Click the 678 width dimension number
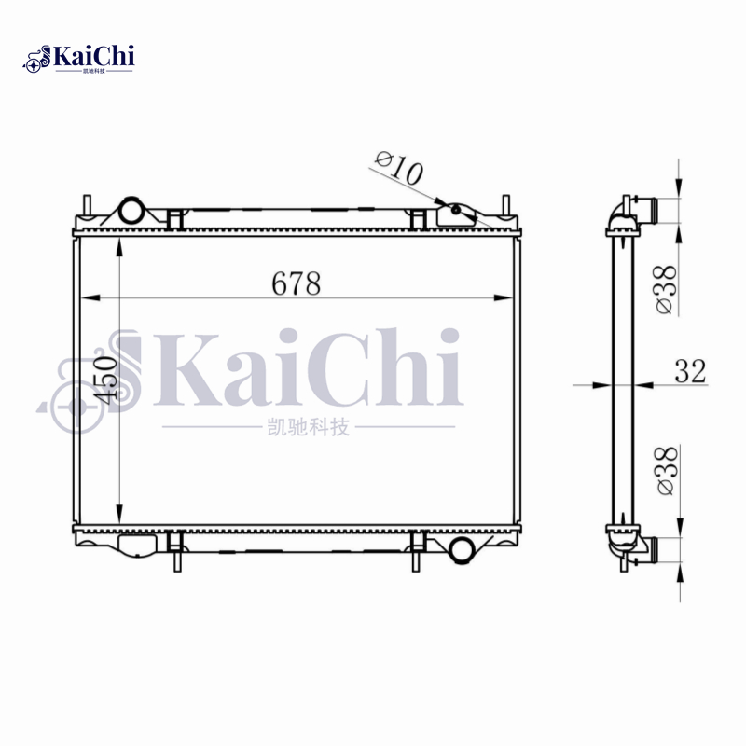[297, 283]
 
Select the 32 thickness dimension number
[690, 371]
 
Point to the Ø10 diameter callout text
[398, 169]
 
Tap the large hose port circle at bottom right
[462, 549]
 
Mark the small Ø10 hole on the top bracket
[455, 210]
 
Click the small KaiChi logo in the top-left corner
[80, 58]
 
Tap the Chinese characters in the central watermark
[307, 427]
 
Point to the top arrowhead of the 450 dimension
[119, 245]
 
